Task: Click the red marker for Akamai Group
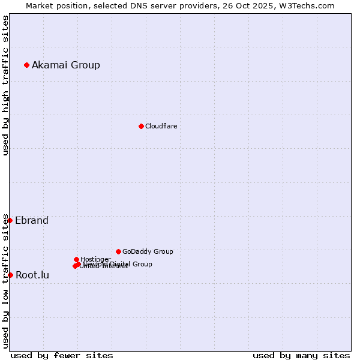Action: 26,65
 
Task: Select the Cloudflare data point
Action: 141,126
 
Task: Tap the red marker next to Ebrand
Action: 10,220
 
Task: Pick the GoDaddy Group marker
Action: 118,251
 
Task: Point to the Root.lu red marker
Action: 10,275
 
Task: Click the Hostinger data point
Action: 76,259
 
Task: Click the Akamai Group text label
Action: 66,65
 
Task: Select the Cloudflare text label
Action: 161,126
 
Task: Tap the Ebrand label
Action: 32,220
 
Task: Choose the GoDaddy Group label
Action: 148,251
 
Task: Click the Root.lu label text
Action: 32,275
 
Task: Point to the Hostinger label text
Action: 95,259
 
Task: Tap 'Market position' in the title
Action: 55,5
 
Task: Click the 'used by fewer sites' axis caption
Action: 62,355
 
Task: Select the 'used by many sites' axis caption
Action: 301,355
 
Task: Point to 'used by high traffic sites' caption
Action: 5,85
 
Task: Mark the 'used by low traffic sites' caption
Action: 5,281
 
